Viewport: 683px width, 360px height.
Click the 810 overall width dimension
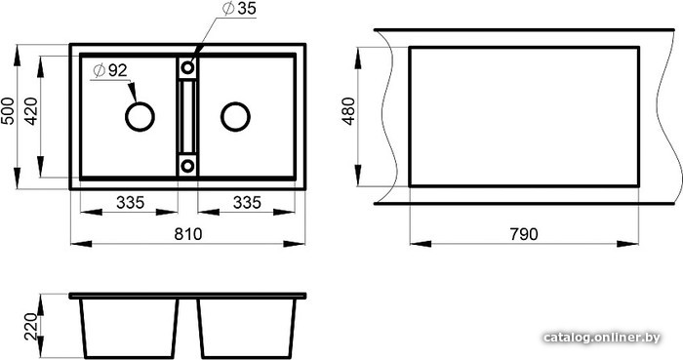[x=188, y=234]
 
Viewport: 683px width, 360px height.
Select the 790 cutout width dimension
[x=524, y=234]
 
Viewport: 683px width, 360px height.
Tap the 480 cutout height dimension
[x=349, y=111]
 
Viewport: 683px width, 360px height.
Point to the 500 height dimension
[x=8, y=111]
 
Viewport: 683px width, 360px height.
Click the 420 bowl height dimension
[x=31, y=111]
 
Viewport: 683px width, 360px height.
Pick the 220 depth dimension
[x=31, y=327]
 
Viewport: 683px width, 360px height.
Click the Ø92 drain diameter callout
[x=110, y=70]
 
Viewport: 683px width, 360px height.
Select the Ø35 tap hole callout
[x=239, y=8]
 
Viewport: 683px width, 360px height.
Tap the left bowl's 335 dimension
[x=130, y=202]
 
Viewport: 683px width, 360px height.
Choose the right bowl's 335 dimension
[x=247, y=202]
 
